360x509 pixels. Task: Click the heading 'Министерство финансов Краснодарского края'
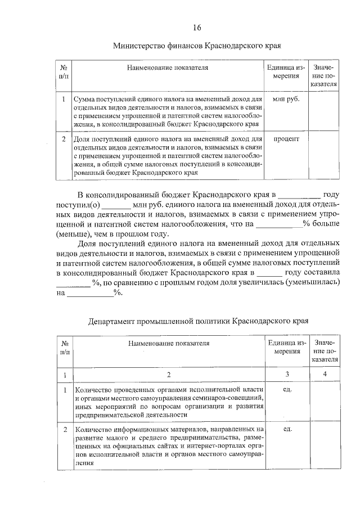[196, 45]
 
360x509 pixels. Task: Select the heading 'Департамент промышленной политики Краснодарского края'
[199, 322]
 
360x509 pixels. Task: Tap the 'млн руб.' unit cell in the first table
[286, 99]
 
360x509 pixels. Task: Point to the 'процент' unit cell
[286, 138]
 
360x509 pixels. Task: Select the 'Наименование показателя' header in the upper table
[167, 67]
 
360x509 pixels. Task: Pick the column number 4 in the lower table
[325, 375]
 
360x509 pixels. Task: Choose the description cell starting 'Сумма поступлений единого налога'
[167, 111]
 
